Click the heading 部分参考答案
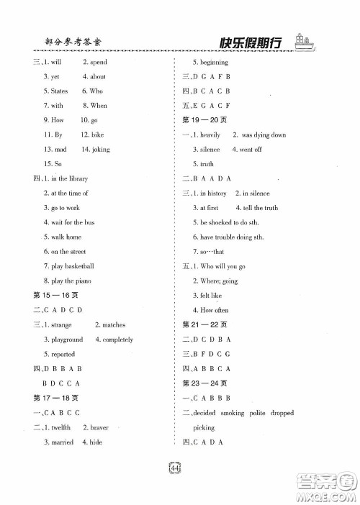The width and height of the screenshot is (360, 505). click(x=66, y=41)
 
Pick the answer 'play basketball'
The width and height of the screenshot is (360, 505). click(x=73, y=266)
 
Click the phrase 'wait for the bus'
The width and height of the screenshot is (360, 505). click(x=73, y=222)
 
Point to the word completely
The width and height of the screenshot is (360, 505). click(x=118, y=340)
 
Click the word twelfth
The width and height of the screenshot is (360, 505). click(x=60, y=427)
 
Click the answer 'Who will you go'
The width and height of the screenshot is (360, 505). click(x=230, y=266)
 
